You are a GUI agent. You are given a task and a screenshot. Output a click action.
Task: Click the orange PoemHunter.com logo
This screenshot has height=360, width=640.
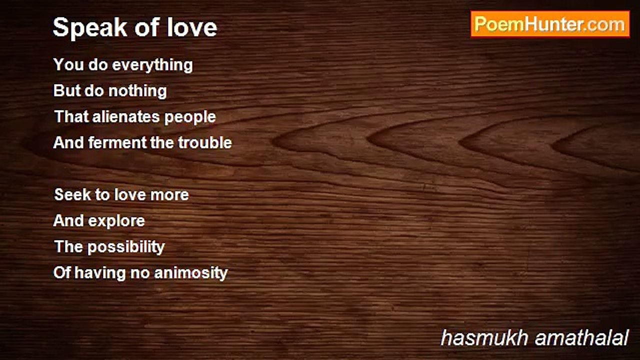[x=550, y=24]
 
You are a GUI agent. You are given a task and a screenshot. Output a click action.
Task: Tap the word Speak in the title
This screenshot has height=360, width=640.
[x=90, y=28]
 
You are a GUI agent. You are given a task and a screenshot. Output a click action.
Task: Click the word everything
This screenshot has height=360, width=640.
[x=152, y=65]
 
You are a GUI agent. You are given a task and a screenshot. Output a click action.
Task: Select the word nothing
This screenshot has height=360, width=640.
[x=137, y=91]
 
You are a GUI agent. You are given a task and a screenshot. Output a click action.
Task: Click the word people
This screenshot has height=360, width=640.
[x=190, y=117]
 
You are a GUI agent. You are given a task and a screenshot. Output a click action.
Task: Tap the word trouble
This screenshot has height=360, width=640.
[x=205, y=142]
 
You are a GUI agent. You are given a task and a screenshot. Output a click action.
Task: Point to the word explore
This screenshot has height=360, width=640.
[x=116, y=221]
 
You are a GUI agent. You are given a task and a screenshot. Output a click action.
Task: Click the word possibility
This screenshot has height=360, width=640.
[x=126, y=247]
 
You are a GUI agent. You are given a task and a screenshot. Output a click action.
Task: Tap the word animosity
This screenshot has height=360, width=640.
[x=191, y=273]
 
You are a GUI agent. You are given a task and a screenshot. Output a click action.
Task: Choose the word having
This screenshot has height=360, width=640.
[x=100, y=273]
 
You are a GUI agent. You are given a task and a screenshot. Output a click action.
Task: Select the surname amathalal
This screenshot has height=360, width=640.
[x=581, y=337]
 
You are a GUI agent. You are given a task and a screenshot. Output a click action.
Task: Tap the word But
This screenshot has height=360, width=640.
[x=66, y=90]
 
